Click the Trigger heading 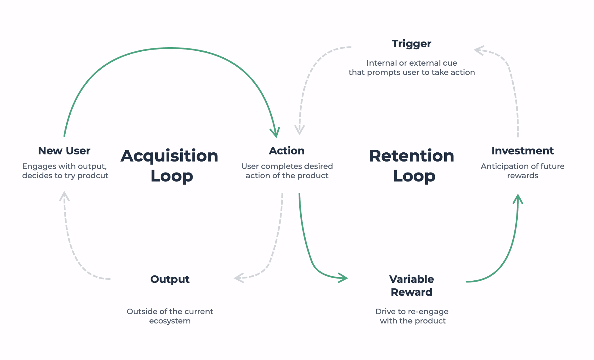coord(411,44)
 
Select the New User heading coord(64,151)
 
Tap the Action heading coord(287,151)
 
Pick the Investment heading coord(522,151)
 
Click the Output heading coord(170,279)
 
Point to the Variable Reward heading coord(411,285)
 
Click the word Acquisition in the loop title coord(169,156)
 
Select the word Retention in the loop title coord(411,156)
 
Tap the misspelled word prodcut coord(93,176)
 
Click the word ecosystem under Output coord(170,321)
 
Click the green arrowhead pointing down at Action coord(275,133)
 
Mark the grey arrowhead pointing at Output coord(239,278)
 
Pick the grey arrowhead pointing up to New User coord(64,196)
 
